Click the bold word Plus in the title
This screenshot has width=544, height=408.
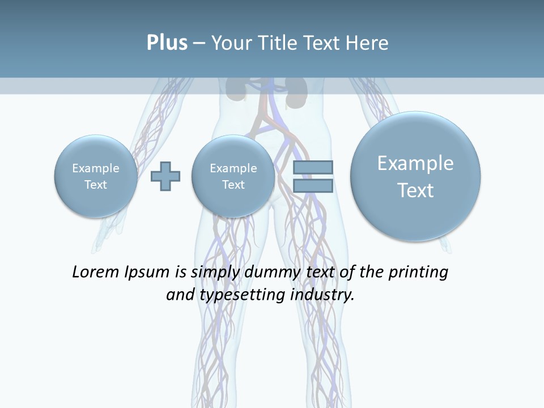tap(167, 43)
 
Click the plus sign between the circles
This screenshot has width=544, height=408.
tap(165, 176)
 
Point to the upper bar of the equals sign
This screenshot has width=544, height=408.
tap(313, 167)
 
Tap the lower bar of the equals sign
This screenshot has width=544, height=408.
tap(313, 185)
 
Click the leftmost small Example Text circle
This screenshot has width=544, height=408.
tap(96, 176)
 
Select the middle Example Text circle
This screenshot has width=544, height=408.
tap(233, 176)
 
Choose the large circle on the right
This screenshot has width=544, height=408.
tap(415, 176)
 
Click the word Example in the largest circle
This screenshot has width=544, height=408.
tap(415, 163)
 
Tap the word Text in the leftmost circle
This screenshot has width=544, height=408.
tap(96, 185)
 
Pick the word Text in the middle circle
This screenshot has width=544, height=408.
tap(233, 185)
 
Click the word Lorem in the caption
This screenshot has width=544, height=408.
tap(96, 272)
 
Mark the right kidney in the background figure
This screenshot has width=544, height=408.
tap(296, 91)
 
